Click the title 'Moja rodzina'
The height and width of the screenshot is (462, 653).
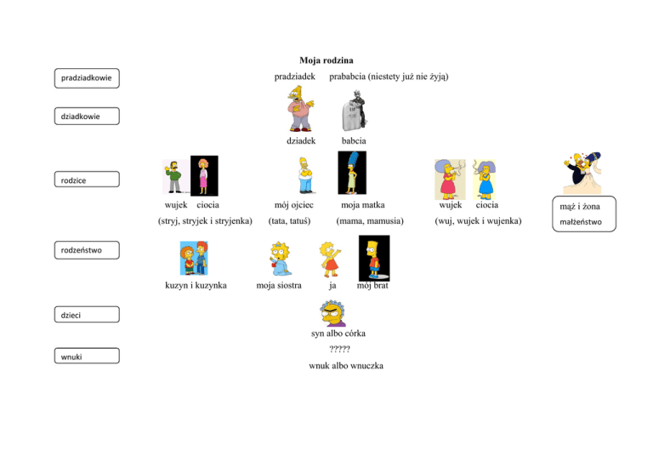click(326, 60)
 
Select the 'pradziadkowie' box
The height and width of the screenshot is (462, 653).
click(87, 78)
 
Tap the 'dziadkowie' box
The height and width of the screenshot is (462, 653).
click(87, 117)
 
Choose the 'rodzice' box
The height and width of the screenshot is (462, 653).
click(87, 180)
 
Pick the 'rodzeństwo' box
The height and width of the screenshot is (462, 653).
click(87, 250)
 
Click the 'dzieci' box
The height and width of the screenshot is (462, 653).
click(87, 315)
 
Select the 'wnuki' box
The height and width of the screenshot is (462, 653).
click(87, 356)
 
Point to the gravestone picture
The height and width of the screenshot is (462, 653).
click(355, 111)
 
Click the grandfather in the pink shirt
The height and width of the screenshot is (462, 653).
click(300, 109)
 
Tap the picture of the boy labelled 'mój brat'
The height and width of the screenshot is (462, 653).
click(374, 259)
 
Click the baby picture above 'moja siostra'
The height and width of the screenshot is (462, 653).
click(280, 259)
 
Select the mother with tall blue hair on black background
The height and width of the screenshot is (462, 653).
click(352, 173)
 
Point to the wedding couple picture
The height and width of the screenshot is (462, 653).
click(582, 173)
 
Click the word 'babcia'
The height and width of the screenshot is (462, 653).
click(354, 140)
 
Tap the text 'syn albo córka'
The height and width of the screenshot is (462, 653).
click(338, 334)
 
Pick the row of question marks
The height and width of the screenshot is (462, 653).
click(339, 349)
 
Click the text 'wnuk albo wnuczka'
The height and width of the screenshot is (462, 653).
click(346, 366)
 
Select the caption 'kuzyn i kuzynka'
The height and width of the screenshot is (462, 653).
click(196, 285)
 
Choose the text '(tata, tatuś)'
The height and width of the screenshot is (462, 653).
click(289, 221)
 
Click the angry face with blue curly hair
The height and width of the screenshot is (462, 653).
click(332, 313)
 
